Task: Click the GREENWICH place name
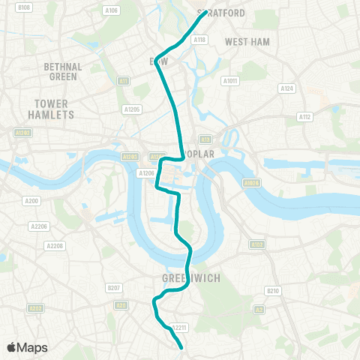click(x=190, y=277)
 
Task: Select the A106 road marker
click(x=112, y=10)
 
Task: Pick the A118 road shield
click(x=199, y=40)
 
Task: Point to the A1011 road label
click(x=229, y=81)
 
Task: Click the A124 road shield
click(x=286, y=88)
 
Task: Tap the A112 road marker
click(x=304, y=117)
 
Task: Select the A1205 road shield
click(x=133, y=109)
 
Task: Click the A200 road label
click(x=31, y=201)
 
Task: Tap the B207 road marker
click(x=114, y=287)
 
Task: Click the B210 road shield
click(x=273, y=291)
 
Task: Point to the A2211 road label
click(x=178, y=327)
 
